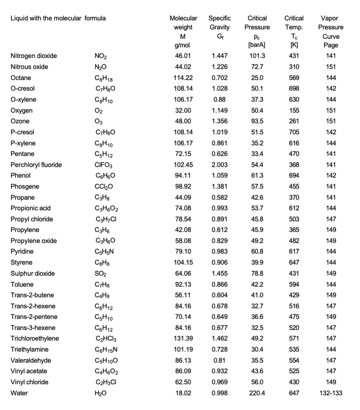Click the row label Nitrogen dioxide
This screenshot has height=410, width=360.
tap(34, 56)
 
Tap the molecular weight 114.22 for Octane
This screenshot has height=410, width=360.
tap(183, 78)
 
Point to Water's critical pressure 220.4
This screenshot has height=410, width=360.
tap(257, 393)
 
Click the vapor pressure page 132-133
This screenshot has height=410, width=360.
tap(331, 393)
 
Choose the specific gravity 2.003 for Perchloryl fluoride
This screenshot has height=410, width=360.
tap(220, 165)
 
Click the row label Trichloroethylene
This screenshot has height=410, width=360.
tap(35, 339)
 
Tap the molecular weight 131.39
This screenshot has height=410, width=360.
tap(183, 339)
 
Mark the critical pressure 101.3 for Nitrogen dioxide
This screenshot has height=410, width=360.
tap(257, 56)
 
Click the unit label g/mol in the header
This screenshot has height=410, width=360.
tap(183, 45)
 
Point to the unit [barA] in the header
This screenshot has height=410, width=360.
tap(257, 45)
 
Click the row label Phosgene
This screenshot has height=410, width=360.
tap(25, 186)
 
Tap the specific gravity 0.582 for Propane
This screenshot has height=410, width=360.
tap(220, 197)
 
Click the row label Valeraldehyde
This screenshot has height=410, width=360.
tap(28, 361)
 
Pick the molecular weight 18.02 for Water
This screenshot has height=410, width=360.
tap(183, 393)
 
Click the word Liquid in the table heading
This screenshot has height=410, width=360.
tap(19, 18)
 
